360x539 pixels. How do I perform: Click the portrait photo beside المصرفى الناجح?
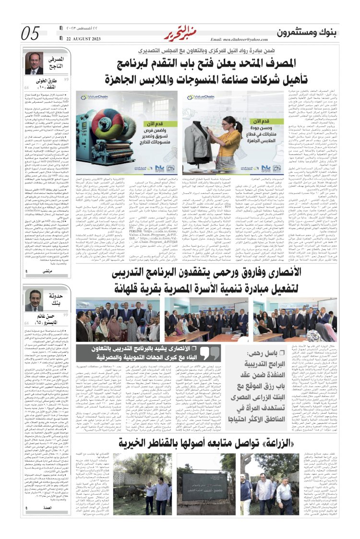(34, 63)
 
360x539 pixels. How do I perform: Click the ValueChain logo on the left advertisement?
(92, 96)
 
